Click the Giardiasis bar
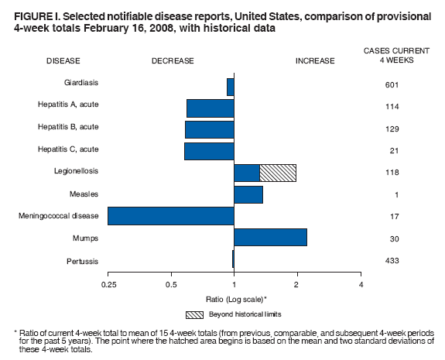point(231,86)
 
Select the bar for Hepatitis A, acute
point(210,108)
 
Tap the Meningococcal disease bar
point(171,215)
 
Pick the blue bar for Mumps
point(270,237)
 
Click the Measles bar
point(248,194)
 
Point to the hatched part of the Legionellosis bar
point(278,173)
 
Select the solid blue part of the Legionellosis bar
point(247,173)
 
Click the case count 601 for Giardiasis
point(391,85)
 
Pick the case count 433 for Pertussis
point(391,261)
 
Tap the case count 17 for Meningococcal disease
point(391,217)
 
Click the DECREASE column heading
point(173,60)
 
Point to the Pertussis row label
point(81,261)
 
